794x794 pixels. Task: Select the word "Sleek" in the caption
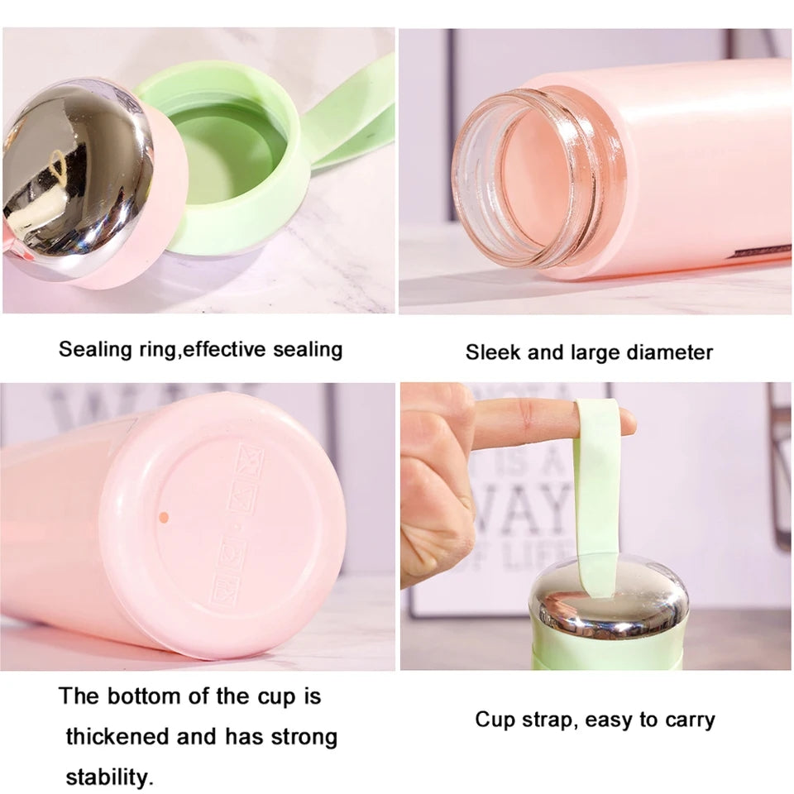pyautogui.click(x=493, y=352)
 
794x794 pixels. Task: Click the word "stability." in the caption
pyautogui.click(x=109, y=777)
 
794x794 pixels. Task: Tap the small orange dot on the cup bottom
pyautogui.click(x=163, y=517)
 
